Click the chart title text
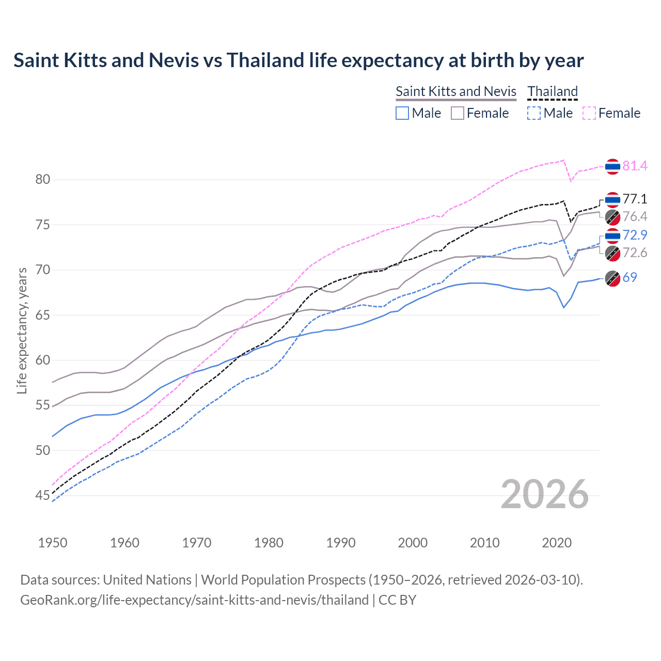coord(298,60)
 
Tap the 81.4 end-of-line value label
coord(635,166)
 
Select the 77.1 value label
coord(635,199)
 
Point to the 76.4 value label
coord(635,216)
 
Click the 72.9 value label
coord(635,235)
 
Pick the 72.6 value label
coord(635,253)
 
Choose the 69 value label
coord(629,277)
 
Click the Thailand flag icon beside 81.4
coord(612,166)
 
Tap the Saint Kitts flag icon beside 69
coord(612,278)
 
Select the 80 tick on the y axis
coord(43,180)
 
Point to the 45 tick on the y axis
coord(43,496)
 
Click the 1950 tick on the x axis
coord(53,543)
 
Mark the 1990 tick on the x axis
coord(341,543)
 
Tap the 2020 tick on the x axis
coord(557,543)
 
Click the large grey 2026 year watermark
coord(545,494)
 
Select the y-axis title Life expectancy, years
coord(22,330)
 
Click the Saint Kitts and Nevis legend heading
coord(456,91)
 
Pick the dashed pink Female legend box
coord(589,113)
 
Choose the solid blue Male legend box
coord(402,113)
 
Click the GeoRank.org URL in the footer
coord(194,600)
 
